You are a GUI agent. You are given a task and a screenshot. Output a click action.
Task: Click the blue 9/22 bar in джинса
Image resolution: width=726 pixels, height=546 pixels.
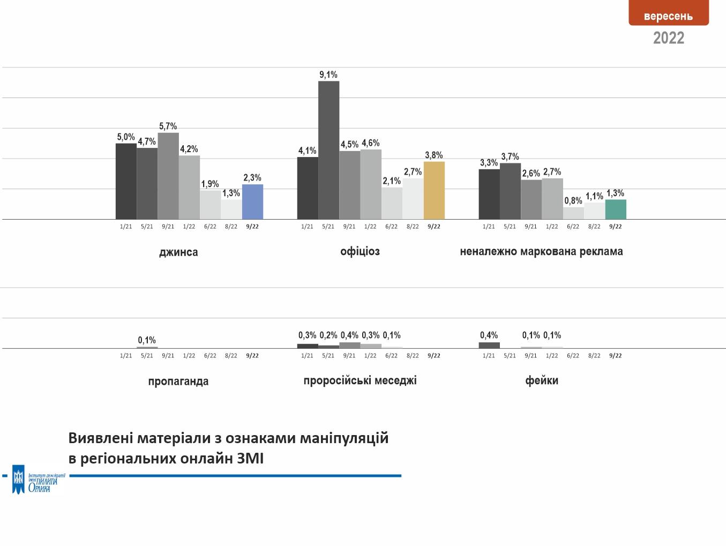252,202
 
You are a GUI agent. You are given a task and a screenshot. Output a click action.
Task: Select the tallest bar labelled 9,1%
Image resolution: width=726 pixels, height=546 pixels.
328,150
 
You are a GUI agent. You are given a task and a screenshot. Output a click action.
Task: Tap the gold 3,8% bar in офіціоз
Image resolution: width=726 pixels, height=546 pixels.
434,190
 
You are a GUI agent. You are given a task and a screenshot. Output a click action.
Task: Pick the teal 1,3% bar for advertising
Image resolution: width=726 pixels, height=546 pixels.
616,210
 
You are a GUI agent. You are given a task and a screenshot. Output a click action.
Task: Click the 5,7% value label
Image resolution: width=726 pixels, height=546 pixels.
168,126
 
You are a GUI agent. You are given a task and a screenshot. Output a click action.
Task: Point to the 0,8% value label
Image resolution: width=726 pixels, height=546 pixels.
573,201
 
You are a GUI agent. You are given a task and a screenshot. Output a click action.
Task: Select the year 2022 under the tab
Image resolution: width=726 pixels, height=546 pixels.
668,38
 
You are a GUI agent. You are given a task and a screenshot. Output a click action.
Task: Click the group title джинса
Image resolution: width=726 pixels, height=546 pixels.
178,252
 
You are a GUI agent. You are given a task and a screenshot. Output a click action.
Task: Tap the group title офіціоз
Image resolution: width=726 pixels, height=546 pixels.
360,251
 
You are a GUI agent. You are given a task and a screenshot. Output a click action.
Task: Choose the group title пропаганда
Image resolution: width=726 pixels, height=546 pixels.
178,381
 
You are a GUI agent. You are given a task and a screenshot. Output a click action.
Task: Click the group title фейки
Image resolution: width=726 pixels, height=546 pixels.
542,380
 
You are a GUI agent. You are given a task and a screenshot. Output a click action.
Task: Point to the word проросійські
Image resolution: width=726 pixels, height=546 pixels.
335,380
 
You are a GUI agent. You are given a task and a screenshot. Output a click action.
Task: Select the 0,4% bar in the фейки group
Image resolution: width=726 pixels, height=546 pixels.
489,346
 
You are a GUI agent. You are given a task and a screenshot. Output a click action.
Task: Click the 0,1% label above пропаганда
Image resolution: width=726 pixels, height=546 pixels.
147,340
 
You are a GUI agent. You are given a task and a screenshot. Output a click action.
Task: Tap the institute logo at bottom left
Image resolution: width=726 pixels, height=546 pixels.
38,480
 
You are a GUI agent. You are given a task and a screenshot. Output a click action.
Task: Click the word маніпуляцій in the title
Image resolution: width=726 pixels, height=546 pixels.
344,438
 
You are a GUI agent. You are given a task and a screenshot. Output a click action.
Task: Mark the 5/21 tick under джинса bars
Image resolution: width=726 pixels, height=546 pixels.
147,227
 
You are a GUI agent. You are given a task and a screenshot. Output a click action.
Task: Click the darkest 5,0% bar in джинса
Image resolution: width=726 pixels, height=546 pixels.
126,181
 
